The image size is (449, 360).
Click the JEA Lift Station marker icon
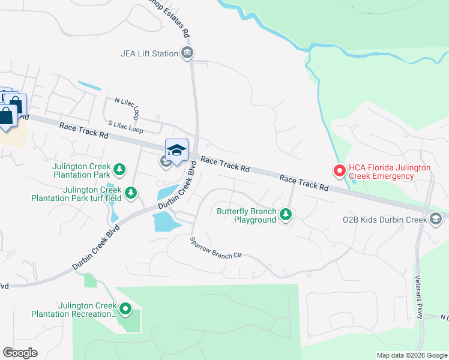187,53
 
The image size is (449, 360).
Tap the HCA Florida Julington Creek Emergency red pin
339,172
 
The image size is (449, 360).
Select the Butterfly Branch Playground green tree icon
286,215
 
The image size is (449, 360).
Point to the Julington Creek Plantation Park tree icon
120,170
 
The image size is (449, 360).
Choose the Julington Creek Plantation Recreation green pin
125,310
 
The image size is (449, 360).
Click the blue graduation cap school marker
176,151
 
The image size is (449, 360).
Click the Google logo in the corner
20,353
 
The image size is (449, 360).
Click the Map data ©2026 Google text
412,355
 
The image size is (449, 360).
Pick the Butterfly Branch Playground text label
246,215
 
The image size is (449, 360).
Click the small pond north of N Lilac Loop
89,86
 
